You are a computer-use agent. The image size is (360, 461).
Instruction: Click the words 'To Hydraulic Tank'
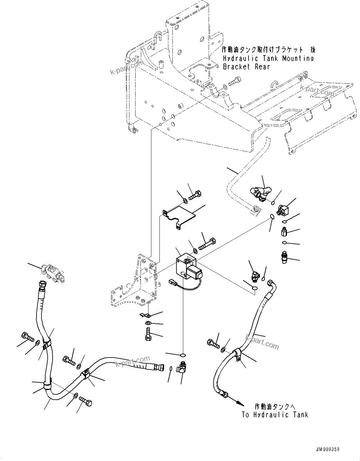[275, 415]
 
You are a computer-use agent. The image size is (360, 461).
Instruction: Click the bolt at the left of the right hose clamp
[213, 343]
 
